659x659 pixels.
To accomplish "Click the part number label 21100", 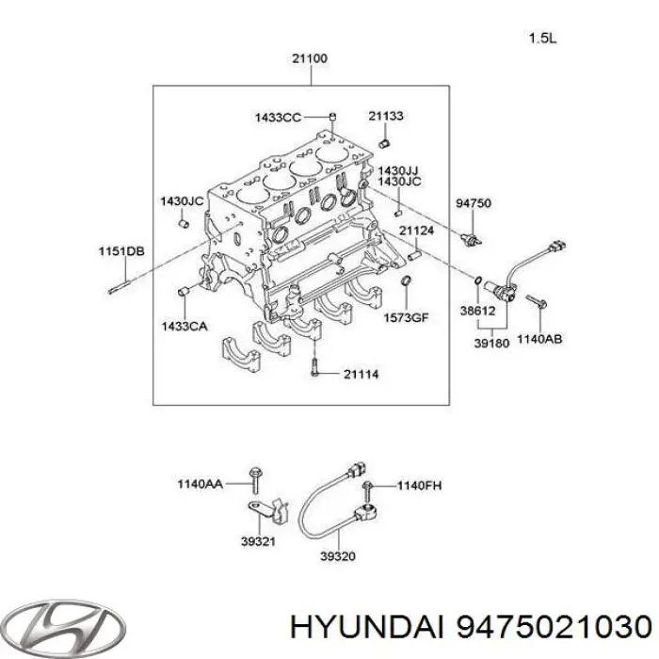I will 309,59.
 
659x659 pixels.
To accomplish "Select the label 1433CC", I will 278,118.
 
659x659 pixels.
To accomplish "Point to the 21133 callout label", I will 386,117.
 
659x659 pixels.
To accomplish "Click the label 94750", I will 474,202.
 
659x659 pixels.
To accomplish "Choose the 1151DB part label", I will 122,250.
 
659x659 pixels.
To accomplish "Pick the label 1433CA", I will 185,325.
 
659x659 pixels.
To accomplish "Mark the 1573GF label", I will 406,317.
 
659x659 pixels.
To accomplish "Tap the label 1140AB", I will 539,339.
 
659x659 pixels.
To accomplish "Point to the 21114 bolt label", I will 361,374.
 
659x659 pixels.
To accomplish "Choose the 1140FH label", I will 417,485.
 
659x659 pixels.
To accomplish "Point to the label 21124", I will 415,230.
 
